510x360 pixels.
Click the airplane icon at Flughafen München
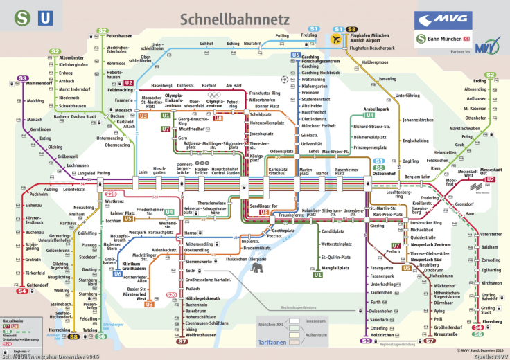pos(337,39)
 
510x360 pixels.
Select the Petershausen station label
pos(120,35)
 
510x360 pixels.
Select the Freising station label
pos(290,35)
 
